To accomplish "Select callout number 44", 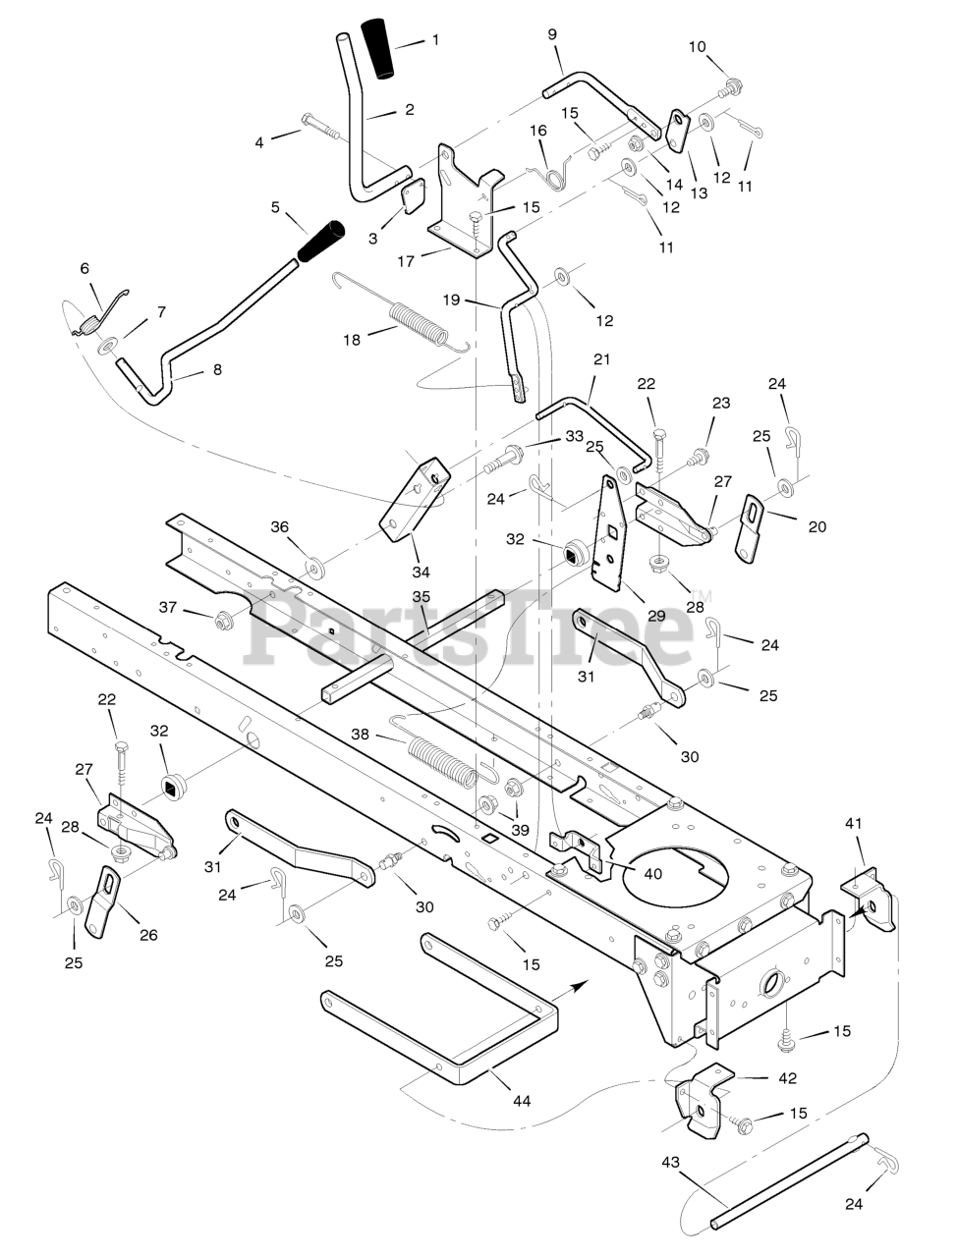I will click(x=522, y=1101).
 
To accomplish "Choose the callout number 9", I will click(x=552, y=34).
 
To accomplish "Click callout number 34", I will click(x=421, y=572).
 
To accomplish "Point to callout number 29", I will click(x=656, y=616).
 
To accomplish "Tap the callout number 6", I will click(x=84, y=268).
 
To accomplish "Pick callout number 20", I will click(x=816, y=526).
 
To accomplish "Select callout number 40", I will click(x=651, y=873).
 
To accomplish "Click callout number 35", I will click(x=421, y=596).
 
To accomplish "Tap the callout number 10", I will click(x=724, y=46).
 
